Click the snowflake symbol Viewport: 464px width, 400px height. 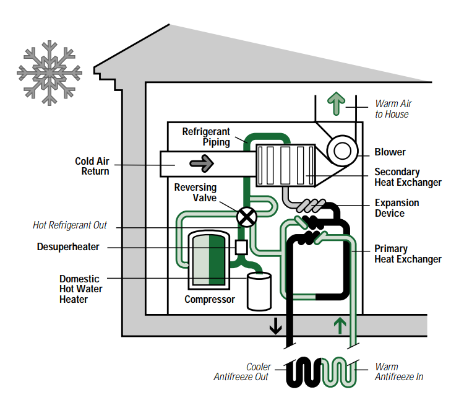pos(49,72)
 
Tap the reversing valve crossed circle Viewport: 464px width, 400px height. pos(247,216)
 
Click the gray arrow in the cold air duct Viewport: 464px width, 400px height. pos(202,164)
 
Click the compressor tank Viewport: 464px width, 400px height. pos(208,258)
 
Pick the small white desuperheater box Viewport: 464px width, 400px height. pos(241,246)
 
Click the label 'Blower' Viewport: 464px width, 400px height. pos(390,152)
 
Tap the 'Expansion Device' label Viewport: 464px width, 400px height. pos(397,208)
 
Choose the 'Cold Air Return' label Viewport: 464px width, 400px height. pos(92,166)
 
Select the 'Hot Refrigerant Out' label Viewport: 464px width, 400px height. pos(69,225)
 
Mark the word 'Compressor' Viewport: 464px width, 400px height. pos(210,300)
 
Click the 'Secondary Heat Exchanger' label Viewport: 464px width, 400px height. pos(408,177)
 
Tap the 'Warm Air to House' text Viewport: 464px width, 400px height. pos(393,109)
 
